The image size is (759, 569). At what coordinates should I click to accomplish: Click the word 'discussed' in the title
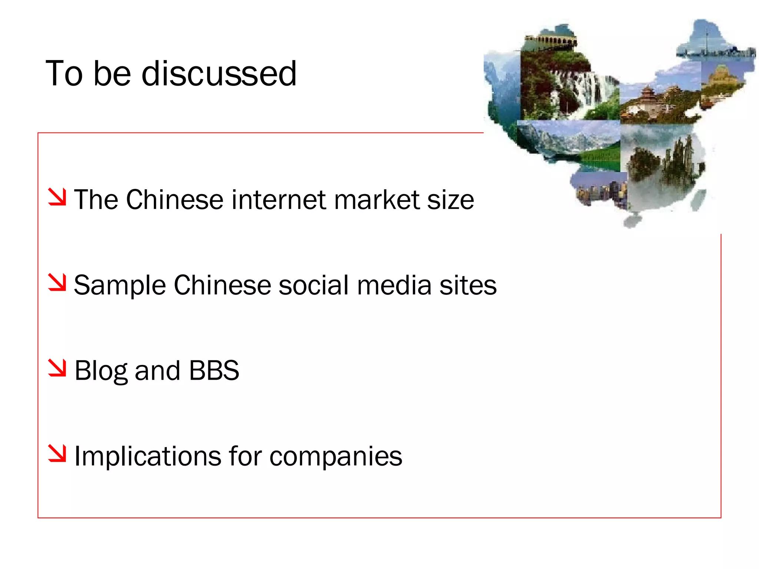[219, 73]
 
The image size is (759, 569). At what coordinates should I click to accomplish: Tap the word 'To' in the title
[64, 73]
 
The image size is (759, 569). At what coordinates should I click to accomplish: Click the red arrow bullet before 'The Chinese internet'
[57, 197]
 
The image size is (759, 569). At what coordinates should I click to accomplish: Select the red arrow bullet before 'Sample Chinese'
[57, 282]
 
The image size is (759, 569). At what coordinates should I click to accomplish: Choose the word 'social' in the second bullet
[314, 285]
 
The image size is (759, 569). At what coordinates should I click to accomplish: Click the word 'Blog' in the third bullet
[101, 371]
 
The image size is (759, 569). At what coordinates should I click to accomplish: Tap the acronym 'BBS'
[214, 370]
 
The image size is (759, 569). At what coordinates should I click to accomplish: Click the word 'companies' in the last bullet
[336, 456]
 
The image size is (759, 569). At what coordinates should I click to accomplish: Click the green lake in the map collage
[600, 157]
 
